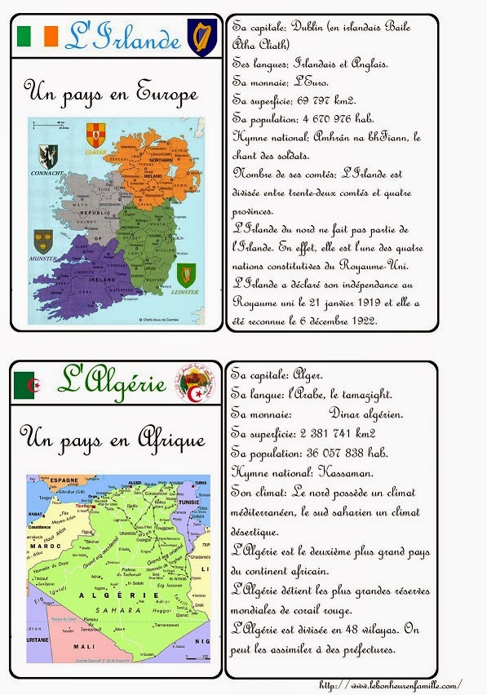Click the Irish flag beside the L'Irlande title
(38, 36)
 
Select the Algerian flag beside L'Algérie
(26, 384)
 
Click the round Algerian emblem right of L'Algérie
(193, 383)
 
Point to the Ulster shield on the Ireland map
(96, 134)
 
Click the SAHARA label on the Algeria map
(117, 610)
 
